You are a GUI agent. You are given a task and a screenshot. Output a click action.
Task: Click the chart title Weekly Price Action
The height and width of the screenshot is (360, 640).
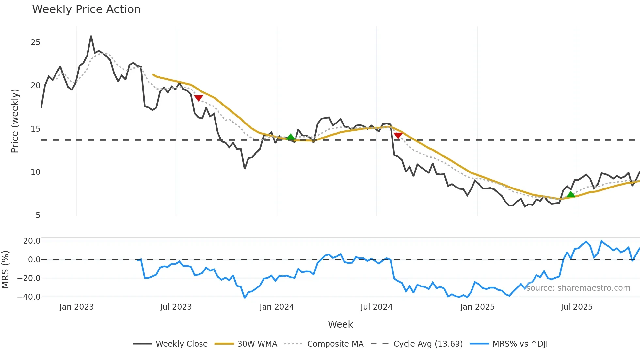tap(86, 9)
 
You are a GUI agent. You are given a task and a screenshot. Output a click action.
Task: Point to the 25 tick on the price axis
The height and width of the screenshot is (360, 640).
tap(35, 42)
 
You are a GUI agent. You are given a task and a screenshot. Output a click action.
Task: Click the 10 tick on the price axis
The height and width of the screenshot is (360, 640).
tap(35, 172)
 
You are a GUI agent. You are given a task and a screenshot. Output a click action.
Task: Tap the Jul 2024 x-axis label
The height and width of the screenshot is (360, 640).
tap(376, 307)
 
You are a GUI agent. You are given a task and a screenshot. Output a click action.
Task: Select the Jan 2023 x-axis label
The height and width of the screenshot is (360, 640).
tap(76, 307)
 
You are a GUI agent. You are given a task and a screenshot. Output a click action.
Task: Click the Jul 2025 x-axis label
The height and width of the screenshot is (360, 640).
tap(576, 307)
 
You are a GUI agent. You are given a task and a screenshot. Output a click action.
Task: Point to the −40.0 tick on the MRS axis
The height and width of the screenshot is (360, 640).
tap(29, 297)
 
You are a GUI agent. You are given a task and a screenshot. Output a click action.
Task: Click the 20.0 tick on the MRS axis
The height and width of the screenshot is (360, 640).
tap(32, 241)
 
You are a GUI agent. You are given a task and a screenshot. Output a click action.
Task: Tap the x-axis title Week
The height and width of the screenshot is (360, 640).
tap(340, 324)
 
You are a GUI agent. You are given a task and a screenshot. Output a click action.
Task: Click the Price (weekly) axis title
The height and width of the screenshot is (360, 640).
tap(15, 121)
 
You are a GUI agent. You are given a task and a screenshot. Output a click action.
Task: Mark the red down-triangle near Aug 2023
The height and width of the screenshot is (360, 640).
tap(198, 98)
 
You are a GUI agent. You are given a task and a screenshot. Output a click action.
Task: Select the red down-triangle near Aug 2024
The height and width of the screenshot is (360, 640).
tap(398, 135)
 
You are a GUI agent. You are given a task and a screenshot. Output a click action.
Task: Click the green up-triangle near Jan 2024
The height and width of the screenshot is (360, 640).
tap(291, 137)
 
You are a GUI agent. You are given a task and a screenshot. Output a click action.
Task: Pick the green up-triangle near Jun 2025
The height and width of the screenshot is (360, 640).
tap(570, 195)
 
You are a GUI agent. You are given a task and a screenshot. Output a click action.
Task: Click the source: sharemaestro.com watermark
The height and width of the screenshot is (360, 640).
tap(578, 288)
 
